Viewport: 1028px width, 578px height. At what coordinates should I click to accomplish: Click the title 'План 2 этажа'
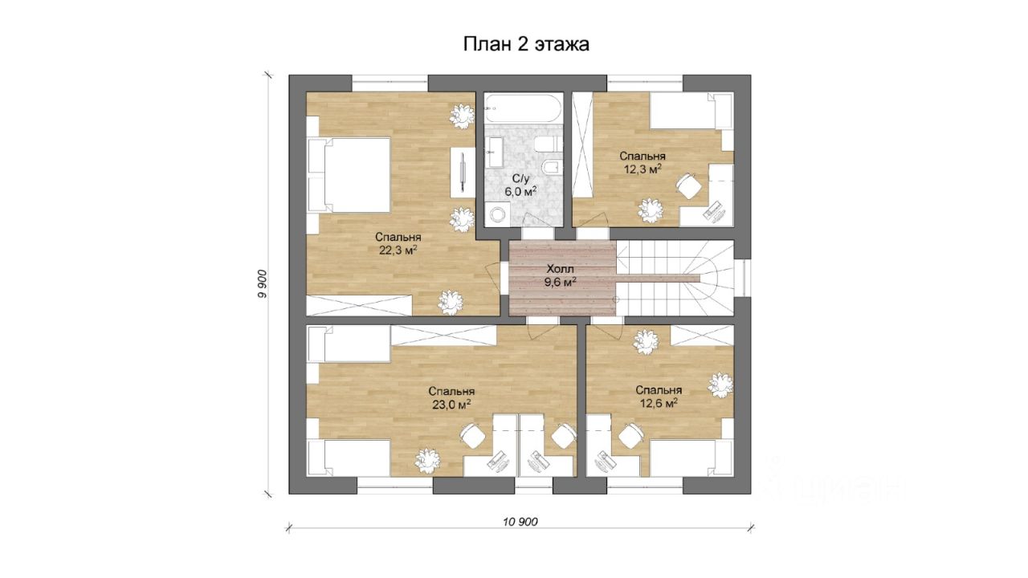[x=526, y=44]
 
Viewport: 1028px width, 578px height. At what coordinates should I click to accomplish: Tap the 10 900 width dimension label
[x=520, y=522]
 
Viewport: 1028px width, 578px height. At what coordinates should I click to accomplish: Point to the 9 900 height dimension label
[x=262, y=284]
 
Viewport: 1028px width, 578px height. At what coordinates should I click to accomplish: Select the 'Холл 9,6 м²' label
[x=561, y=275]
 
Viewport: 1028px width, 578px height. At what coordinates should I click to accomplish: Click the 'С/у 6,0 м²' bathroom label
[x=521, y=185]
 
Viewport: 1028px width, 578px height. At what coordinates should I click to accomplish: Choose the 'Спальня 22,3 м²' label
[x=398, y=243]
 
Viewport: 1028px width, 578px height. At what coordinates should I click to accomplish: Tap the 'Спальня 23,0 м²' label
[x=451, y=397]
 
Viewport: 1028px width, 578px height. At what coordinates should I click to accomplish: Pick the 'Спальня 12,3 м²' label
[x=642, y=162]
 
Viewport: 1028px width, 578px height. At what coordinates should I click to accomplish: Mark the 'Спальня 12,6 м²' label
[x=659, y=397]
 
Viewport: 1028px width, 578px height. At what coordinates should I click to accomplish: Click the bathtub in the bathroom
[x=523, y=108]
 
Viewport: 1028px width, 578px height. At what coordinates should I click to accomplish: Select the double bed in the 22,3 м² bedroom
[x=349, y=175]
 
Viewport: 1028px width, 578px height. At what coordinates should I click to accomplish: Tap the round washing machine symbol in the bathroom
[x=497, y=214]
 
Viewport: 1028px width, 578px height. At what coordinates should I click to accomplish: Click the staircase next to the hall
[x=674, y=278]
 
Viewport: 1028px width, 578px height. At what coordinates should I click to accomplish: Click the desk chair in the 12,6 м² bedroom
[x=631, y=435]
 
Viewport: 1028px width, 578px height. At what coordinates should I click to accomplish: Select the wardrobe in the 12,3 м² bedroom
[x=583, y=145]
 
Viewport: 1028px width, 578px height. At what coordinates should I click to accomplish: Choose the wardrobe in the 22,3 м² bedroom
[x=359, y=306]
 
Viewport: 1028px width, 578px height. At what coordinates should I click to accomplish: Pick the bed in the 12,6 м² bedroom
[x=691, y=458]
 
